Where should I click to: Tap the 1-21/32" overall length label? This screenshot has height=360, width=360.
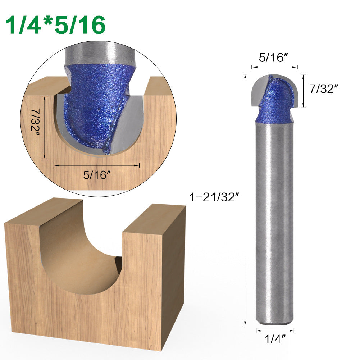click(214, 197)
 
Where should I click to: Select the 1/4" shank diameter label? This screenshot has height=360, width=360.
click(275, 338)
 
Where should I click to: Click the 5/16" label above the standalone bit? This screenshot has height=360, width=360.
click(274, 58)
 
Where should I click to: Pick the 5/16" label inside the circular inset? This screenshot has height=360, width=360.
click(96, 175)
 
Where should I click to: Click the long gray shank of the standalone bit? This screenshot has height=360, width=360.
click(274, 216)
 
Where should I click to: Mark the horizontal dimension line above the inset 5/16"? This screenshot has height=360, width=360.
click(96, 165)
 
